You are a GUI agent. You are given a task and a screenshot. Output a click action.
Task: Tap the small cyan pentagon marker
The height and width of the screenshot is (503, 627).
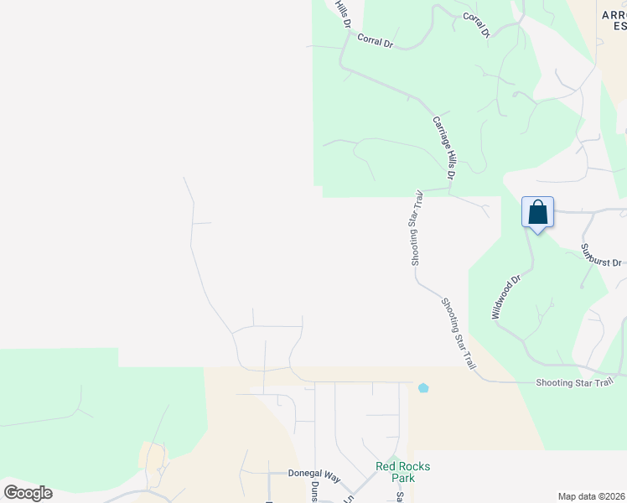coord(423,387)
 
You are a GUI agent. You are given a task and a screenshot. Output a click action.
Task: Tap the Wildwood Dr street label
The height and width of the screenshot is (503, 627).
coord(506,297)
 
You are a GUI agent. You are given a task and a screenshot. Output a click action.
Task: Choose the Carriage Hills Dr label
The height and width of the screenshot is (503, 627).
coord(443,148)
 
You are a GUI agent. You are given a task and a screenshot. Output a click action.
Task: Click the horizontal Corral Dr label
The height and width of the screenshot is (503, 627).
coord(375,39)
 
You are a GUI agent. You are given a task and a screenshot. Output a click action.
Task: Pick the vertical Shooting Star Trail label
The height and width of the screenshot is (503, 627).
coord(417,228)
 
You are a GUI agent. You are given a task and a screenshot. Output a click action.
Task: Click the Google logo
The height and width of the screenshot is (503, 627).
coord(28,492)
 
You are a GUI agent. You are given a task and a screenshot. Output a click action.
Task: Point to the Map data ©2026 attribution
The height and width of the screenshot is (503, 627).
coord(591,496)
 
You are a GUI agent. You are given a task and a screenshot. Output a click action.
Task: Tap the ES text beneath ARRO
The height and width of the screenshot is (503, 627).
coord(619,27)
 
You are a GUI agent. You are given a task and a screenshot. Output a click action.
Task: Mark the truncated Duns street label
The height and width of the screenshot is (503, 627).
coord(315,490)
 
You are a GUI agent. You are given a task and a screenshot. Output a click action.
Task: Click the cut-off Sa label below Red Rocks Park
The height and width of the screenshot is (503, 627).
coord(400,496)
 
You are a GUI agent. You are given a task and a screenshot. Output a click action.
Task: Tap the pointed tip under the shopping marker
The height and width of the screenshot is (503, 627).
coord(537,231)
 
